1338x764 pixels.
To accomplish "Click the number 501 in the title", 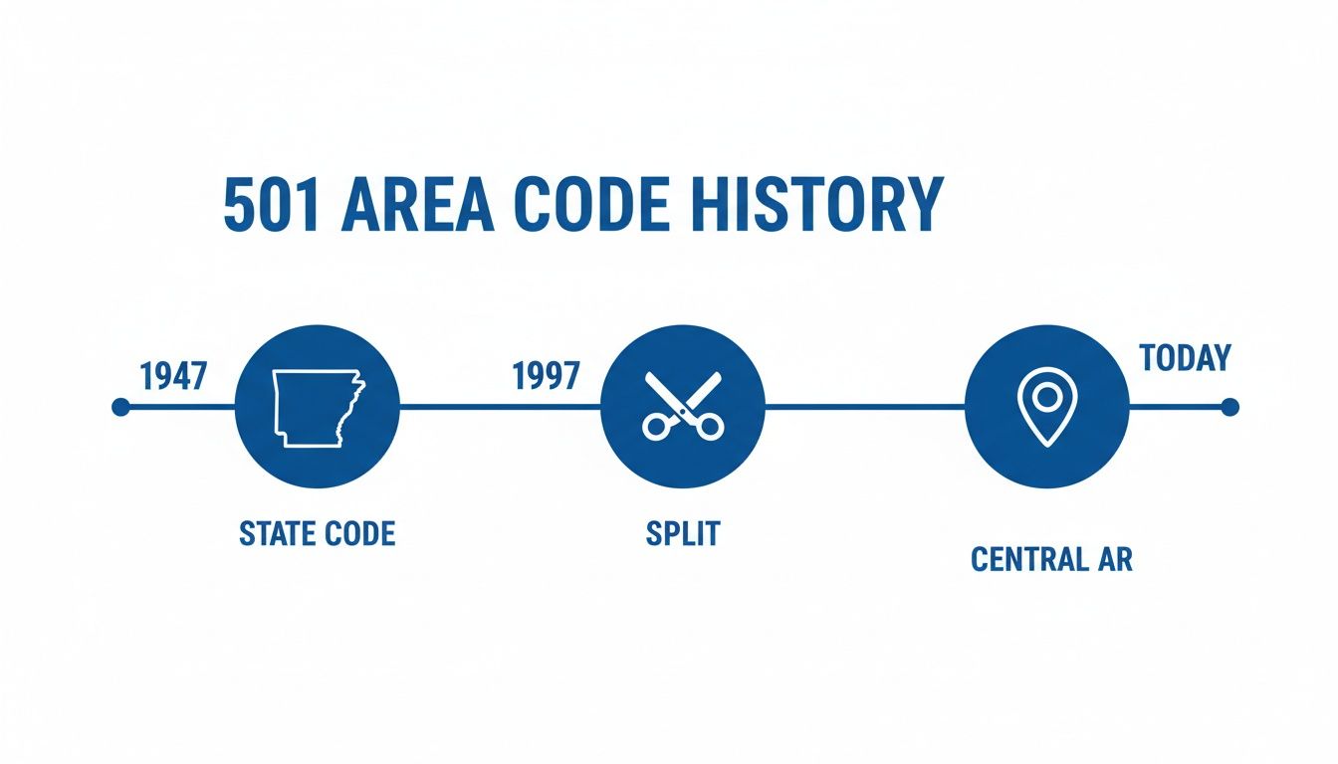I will [x=270, y=206].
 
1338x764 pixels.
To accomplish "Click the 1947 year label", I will [x=173, y=377].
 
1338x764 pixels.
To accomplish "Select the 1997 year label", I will [x=546, y=377].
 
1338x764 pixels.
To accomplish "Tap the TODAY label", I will [x=1185, y=358].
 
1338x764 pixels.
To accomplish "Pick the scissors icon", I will [x=683, y=406].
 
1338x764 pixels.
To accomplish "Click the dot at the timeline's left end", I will [x=121, y=407].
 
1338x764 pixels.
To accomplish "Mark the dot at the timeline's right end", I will [x=1229, y=407].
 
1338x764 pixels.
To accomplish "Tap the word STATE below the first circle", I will [x=277, y=534].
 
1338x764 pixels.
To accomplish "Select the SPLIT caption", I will [x=682, y=534].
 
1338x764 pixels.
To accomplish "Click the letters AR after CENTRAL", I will [x=1115, y=559].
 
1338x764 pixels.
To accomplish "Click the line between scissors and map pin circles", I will [x=864, y=407].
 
